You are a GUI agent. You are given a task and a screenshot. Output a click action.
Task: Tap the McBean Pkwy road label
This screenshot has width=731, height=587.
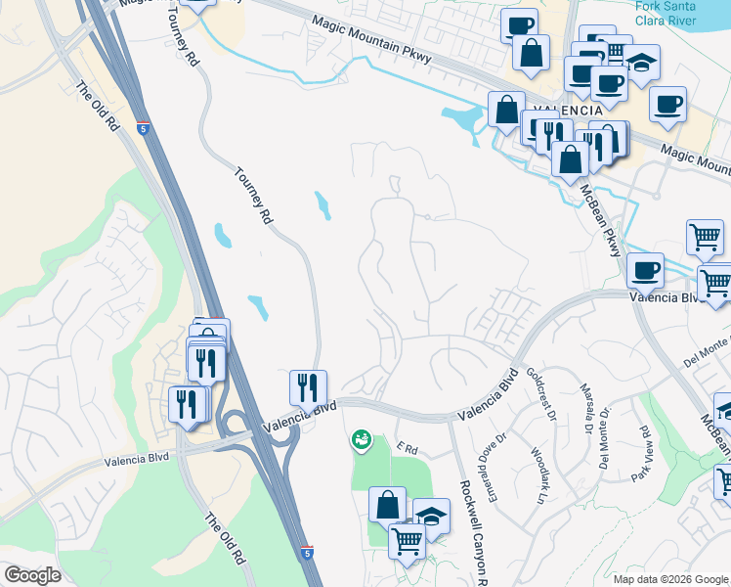pos(598,221)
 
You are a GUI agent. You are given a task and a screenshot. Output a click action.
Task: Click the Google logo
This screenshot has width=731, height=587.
pos(32,575)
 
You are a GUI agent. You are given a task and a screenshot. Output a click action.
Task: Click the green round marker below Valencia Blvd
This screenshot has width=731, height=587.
pos(362,440)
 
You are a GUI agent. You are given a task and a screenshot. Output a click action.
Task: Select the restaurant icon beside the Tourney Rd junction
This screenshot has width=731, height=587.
pos(309,387)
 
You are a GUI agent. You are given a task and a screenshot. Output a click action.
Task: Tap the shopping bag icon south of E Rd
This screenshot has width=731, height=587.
pos(388,505)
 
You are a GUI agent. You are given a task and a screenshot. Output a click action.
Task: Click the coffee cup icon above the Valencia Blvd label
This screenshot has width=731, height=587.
pos(645,269)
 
